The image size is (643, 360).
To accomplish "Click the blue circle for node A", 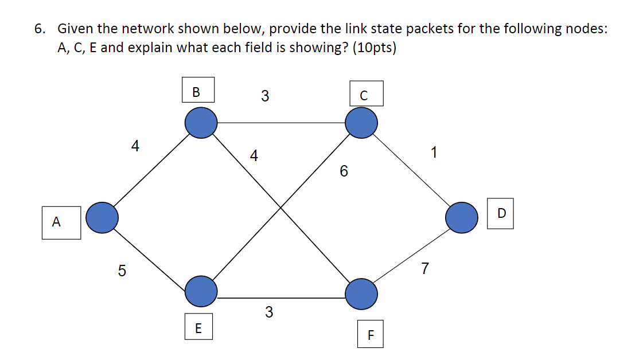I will tap(102, 217).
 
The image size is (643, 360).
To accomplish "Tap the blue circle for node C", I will tap(361, 123).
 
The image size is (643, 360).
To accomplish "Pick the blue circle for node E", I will tap(201, 289).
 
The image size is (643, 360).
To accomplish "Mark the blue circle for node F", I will tap(361, 293).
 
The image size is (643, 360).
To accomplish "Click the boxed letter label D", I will tap(501, 213).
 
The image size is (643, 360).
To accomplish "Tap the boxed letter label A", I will tap(56, 222).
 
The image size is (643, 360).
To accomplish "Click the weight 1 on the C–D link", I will tap(434, 152).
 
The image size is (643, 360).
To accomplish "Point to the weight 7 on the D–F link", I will tap(424, 268).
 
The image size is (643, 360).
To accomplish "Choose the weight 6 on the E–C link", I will tap(344, 171).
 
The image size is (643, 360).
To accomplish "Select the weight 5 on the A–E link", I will tap(122, 271).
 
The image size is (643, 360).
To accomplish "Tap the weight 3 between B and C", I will tap(264, 96).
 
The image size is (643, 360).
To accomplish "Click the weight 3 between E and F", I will tap(268, 312).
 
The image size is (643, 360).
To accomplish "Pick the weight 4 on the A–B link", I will tap(135, 147).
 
